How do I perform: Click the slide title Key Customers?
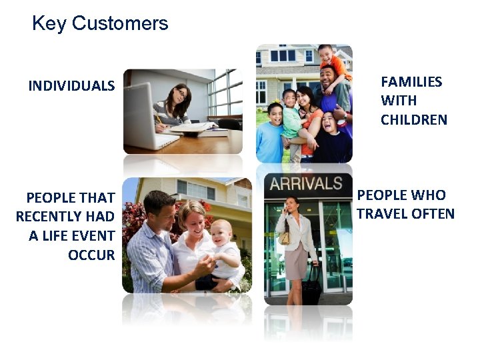tap(100, 24)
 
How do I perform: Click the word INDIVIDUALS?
tap(71, 86)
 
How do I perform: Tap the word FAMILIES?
tap(411, 82)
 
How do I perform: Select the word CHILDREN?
tap(414, 120)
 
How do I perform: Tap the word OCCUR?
tap(91, 255)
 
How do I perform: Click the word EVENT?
tap(92, 236)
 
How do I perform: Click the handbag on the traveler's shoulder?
tap(285, 237)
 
